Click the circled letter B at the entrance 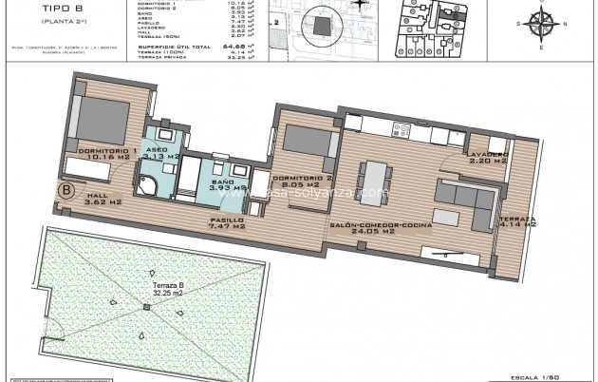click(66, 190)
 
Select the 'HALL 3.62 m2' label click(103, 200)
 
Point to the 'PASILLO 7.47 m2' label click(228, 222)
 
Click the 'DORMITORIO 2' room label click(303, 181)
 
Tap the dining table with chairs click(374, 178)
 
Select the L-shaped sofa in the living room click(465, 195)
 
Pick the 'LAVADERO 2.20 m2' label click(487, 157)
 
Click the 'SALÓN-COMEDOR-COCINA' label click(381, 226)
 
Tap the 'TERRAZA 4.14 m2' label click(517, 222)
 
